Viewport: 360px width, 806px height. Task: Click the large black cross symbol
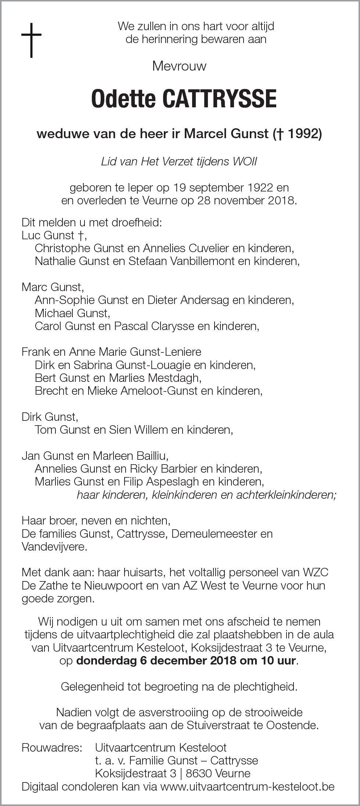31,40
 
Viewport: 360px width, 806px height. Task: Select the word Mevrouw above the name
179,67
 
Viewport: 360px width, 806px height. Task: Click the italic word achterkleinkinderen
287,495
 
